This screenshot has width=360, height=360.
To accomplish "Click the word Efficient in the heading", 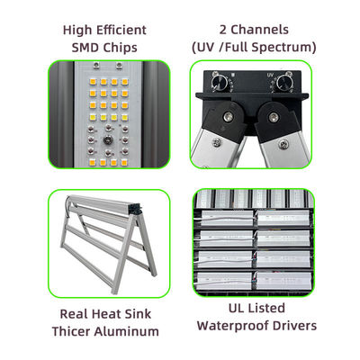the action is (121, 30).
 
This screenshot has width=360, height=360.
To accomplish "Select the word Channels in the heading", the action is (259, 30).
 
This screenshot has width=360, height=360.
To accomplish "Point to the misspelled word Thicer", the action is (71, 331).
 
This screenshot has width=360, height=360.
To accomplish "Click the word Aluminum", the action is (126, 331).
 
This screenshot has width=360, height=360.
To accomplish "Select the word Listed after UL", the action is (267, 309).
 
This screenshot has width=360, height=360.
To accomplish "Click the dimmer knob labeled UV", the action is (284, 82).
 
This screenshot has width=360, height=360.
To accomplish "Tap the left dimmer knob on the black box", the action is (220, 82).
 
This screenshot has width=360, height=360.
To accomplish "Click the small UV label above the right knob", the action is (270, 75).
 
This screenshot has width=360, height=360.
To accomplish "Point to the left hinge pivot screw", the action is (228, 116).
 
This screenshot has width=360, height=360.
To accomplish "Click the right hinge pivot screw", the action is (273, 116).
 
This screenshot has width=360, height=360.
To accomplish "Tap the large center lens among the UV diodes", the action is (107, 140).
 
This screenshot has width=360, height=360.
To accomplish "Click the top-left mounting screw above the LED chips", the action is (96, 65).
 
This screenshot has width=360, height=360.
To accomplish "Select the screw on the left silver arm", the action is (216, 143).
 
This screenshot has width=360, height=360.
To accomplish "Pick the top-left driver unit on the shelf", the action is (227, 218).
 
